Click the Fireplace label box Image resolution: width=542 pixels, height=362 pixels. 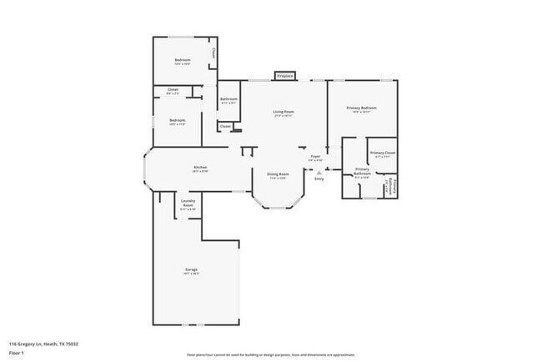point(285,76)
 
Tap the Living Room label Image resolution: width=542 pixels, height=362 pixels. point(284,111)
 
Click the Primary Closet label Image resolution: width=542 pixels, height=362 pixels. point(383,153)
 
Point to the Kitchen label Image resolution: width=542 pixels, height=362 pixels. point(200,168)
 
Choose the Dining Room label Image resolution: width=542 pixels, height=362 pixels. point(278,174)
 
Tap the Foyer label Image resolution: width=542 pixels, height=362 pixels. point(315,156)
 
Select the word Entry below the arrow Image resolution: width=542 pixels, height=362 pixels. point(319,178)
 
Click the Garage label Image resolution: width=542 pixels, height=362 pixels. point(191,270)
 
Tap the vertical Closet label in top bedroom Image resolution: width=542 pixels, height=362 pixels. point(213,53)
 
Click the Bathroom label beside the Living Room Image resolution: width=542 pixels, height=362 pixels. point(228,99)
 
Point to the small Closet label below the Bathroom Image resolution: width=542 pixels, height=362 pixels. point(225,126)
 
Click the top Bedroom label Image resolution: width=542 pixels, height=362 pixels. point(182,60)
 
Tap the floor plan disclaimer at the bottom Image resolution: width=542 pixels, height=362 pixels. point(271,354)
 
